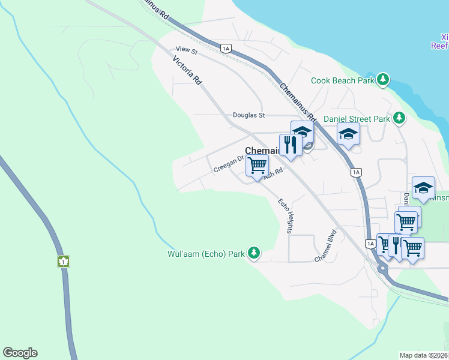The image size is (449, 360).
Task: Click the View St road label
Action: tap(187, 52)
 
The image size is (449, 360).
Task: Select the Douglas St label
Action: tap(249, 115)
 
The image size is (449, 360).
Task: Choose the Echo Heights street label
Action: tap(285, 215)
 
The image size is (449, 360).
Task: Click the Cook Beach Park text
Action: tap(342, 80)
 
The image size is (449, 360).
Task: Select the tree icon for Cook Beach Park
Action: tap(382, 79)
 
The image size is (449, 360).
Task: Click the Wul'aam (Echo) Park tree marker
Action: tap(255, 253)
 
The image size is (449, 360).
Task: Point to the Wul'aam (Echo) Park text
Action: tap(206, 254)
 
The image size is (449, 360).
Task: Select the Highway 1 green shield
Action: tap(64, 262)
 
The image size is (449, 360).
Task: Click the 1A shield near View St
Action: tap(226, 48)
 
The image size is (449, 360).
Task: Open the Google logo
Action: tap(20, 353)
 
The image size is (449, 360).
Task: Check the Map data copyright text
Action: tap(424, 355)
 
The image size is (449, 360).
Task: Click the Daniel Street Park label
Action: tap(357, 119)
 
